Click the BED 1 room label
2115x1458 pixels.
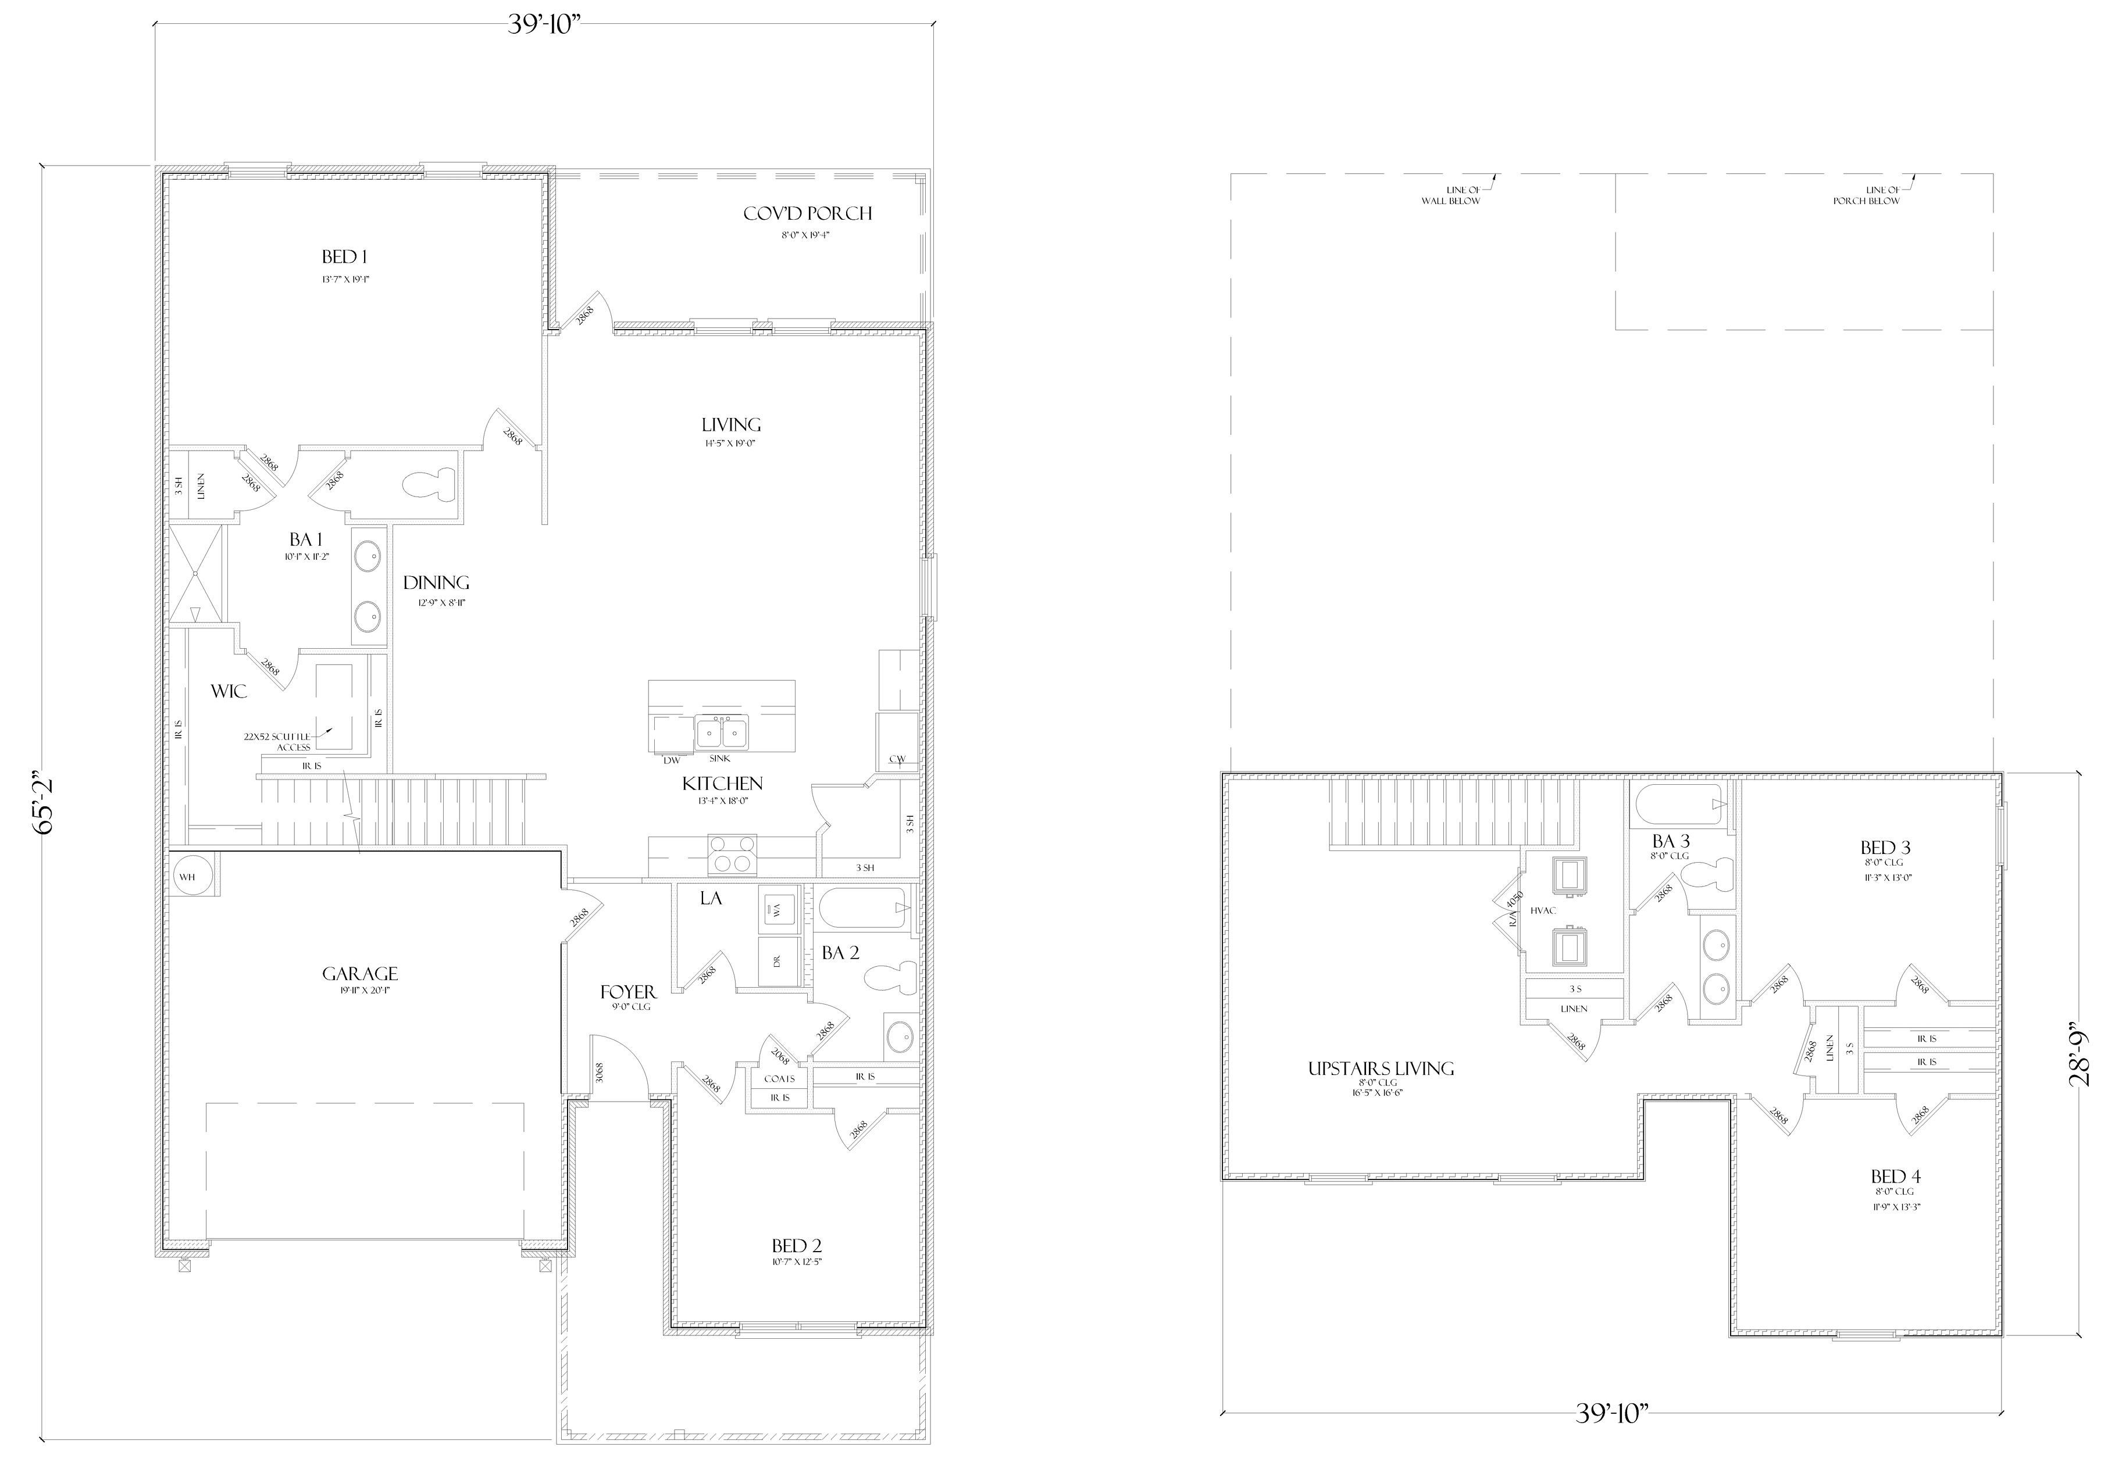(344, 257)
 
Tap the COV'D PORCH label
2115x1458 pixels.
(807, 214)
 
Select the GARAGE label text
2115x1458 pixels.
(360, 974)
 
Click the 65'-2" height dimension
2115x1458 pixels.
(46, 804)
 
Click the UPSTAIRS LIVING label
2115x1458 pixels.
(1381, 1069)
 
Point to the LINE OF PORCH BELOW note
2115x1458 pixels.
(1866, 195)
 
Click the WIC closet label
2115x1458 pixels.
(229, 692)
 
